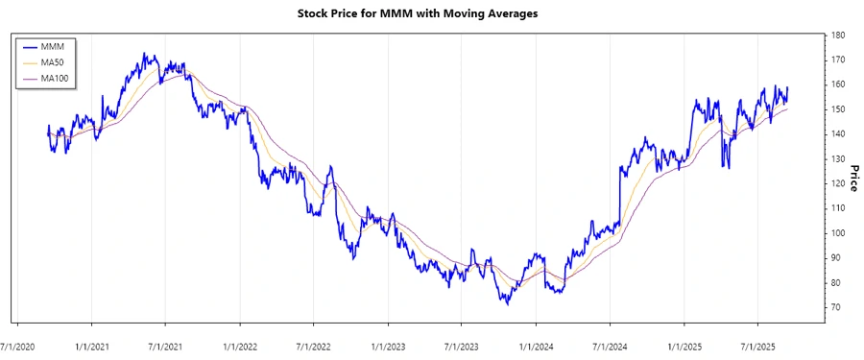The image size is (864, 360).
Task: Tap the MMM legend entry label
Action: click(x=60, y=46)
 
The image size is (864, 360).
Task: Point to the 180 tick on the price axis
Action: click(x=838, y=36)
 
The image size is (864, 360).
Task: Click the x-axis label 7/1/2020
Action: click(x=18, y=344)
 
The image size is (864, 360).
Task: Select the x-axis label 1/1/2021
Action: click(x=92, y=344)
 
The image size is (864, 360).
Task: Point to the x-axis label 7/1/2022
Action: click(x=314, y=344)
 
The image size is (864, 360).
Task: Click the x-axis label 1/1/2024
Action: click(x=536, y=344)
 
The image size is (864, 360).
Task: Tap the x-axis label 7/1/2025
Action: click(x=757, y=344)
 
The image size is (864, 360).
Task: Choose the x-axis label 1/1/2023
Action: click(x=388, y=344)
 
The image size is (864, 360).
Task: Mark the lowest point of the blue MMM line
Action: click(x=506, y=303)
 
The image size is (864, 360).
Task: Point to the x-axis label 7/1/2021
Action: click(x=165, y=344)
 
